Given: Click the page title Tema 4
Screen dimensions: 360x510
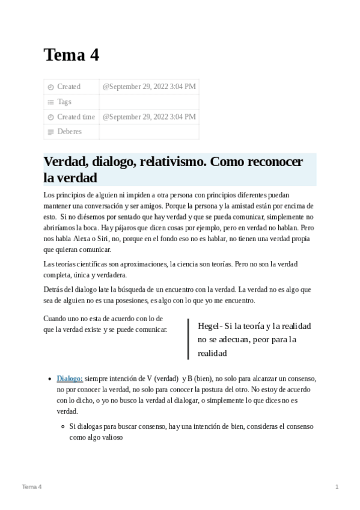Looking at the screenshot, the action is click(71, 55).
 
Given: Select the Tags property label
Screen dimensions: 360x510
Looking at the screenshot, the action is click(64, 102).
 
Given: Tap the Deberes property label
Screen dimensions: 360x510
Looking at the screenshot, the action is click(69, 131).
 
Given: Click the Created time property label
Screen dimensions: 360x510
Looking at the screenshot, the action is click(76, 117).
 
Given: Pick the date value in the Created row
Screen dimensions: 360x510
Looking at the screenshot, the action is click(149, 87).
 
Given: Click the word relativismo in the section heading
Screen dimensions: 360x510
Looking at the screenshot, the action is click(174, 162).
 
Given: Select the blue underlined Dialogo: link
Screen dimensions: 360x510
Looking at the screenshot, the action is click(70, 378).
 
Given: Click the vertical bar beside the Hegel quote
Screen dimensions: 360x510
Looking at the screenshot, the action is click(188, 339).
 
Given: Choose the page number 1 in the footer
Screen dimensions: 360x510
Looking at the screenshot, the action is click(337, 486).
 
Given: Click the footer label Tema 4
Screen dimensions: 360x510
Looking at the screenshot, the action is click(32, 486).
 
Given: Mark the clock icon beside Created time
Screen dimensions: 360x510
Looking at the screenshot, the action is click(50, 117).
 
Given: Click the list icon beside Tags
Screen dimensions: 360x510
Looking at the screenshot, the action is click(50, 102).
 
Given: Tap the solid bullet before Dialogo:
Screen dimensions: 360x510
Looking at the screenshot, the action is click(50, 379).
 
